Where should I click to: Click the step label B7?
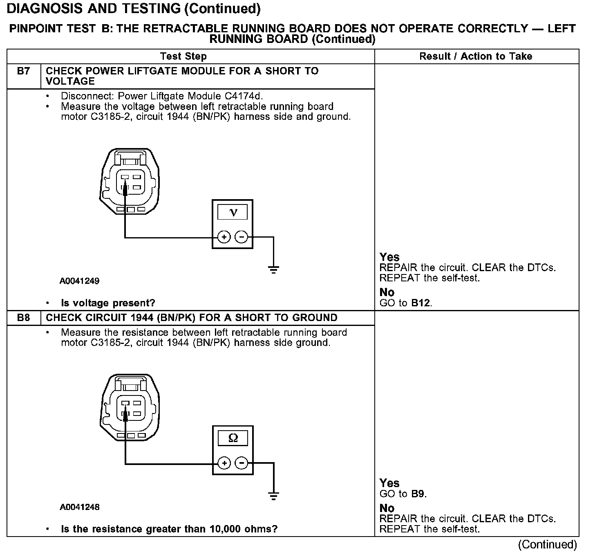pos(23,71)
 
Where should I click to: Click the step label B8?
pos(23,318)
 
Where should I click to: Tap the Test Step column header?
pos(183,56)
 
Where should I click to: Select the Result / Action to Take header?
pos(476,56)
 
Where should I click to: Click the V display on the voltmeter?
pos(233,212)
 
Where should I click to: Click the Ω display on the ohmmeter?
pos(233,438)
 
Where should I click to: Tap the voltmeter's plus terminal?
pos(224,237)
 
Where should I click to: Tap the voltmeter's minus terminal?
pos(242,237)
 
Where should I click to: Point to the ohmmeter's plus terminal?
pos(224,463)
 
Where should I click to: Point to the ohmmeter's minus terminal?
pos(242,463)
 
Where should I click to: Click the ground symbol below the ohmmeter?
pos(273,496)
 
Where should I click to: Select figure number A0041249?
pos(79,281)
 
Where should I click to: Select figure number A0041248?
pos(79,507)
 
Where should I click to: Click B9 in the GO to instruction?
pos(418,494)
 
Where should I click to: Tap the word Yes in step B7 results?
pos(389,257)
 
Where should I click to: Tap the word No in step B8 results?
pos(387,508)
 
